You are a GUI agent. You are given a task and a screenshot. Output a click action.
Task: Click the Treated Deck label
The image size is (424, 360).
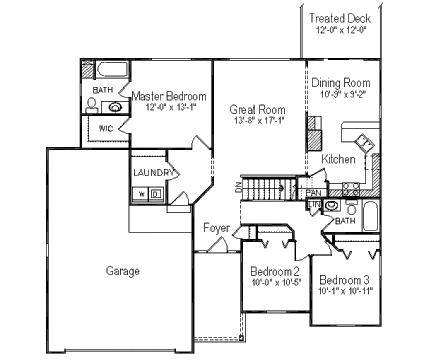point(340,19)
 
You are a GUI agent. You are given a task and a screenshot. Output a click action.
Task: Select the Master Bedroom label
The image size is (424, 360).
point(169,97)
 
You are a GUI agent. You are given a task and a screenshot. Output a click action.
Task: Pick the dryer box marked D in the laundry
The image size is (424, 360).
point(156,193)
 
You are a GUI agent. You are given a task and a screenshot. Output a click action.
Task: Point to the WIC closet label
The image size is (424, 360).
point(106,128)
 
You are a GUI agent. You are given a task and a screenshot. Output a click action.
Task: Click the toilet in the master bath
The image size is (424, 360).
point(91,106)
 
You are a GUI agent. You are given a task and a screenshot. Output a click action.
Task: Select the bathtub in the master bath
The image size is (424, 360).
point(112,69)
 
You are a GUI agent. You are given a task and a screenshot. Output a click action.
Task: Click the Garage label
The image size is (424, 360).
point(123,271)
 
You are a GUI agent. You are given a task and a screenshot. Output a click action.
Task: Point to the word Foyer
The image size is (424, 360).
point(217,228)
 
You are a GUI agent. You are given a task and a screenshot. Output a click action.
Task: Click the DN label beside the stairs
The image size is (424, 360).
point(238,188)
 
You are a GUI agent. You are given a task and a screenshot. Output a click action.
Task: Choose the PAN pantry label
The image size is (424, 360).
point(314,193)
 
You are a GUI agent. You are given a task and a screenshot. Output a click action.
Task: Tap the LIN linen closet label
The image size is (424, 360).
point(313,204)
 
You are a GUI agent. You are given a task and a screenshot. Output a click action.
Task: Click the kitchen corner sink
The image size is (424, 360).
point(364,143)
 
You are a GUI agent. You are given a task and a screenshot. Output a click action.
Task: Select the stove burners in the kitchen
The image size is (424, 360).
point(350,189)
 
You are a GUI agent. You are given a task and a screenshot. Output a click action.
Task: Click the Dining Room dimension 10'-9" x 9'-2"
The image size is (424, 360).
point(341,94)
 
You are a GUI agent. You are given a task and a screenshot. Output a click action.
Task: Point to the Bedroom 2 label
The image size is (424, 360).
point(275,272)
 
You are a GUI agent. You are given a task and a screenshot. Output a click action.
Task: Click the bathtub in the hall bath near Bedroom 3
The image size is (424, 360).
point(371,215)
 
